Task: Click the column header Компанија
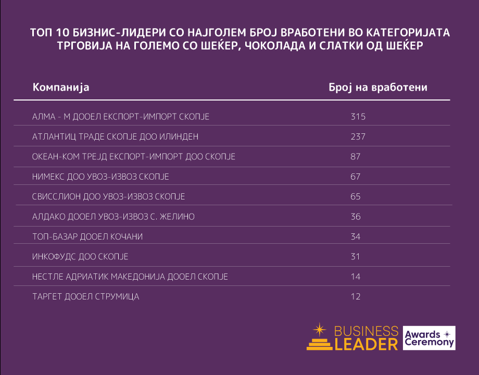coord(61,87)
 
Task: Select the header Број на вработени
coord(378,87)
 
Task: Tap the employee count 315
coord(358,117)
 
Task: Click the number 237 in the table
coord(358,137)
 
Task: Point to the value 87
coord(356,157)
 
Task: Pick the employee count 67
coord(356,177)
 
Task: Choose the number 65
coord(356,197)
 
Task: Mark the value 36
coord(356,217)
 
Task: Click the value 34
coord(356,237)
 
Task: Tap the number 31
coord(356,257)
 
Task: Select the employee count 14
coord(356,277)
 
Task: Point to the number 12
coord(356,297)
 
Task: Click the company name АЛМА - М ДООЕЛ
coord(121,117)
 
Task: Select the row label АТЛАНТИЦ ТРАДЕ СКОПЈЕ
coord(115,137)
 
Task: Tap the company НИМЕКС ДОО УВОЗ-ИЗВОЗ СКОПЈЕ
coord(100,177)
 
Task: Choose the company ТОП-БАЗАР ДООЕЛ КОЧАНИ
coord(87,237)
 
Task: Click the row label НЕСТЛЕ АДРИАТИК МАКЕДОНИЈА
coord(130,277)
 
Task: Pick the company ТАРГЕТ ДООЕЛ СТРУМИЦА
coord(85,297)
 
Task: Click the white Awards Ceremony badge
coord(429,338)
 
